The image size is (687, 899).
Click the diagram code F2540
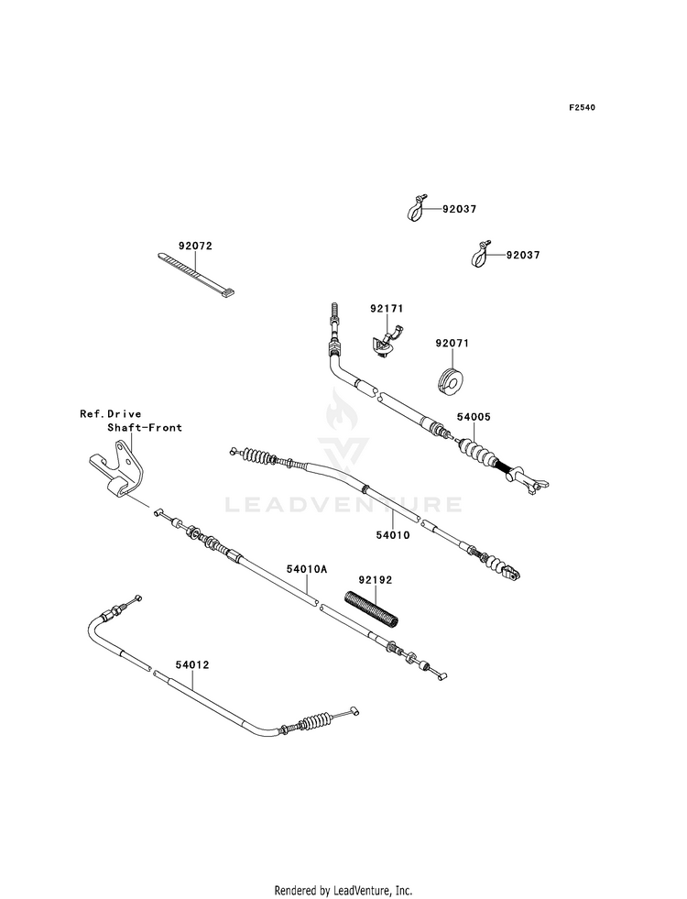(x=582, y=107)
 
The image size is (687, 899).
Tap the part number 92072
(x=195, y=246)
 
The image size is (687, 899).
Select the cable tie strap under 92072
(x=196, y=276)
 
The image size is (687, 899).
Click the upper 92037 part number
(x=459, y=209)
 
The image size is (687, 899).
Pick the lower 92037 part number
(x=522, y=255)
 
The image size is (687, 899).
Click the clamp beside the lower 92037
(x=482, y=254)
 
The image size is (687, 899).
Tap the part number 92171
(x=387, y=309)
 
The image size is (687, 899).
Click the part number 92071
(x=453, y=344)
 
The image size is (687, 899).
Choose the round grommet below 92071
(x=451, y=381)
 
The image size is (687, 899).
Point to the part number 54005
(x=474, y=417)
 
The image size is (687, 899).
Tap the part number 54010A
(x=307, y=569)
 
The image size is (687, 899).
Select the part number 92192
(x=376, y=580)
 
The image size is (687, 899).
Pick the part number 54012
(x=192, y=665)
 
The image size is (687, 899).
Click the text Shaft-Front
(x=145, y=427)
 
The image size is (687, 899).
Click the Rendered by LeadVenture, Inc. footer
(x=343, y=891)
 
